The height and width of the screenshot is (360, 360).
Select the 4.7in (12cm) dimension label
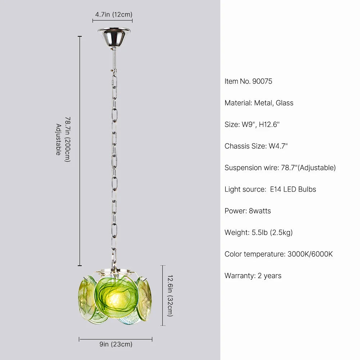114,15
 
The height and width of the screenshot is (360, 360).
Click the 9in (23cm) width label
116,345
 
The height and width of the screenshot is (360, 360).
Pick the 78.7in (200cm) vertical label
67,139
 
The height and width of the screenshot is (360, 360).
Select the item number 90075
262,81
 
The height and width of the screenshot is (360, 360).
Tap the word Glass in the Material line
284,103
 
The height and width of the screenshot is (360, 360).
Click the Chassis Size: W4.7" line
256,146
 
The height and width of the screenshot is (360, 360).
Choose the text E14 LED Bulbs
293,189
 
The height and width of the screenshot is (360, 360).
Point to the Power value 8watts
260,211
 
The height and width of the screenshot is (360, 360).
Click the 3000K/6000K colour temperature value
310,254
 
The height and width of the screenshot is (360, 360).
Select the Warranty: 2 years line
253,276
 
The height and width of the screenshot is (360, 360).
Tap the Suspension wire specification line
280,168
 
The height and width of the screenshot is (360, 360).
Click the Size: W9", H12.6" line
252,125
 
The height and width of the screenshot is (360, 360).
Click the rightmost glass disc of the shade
145,299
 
